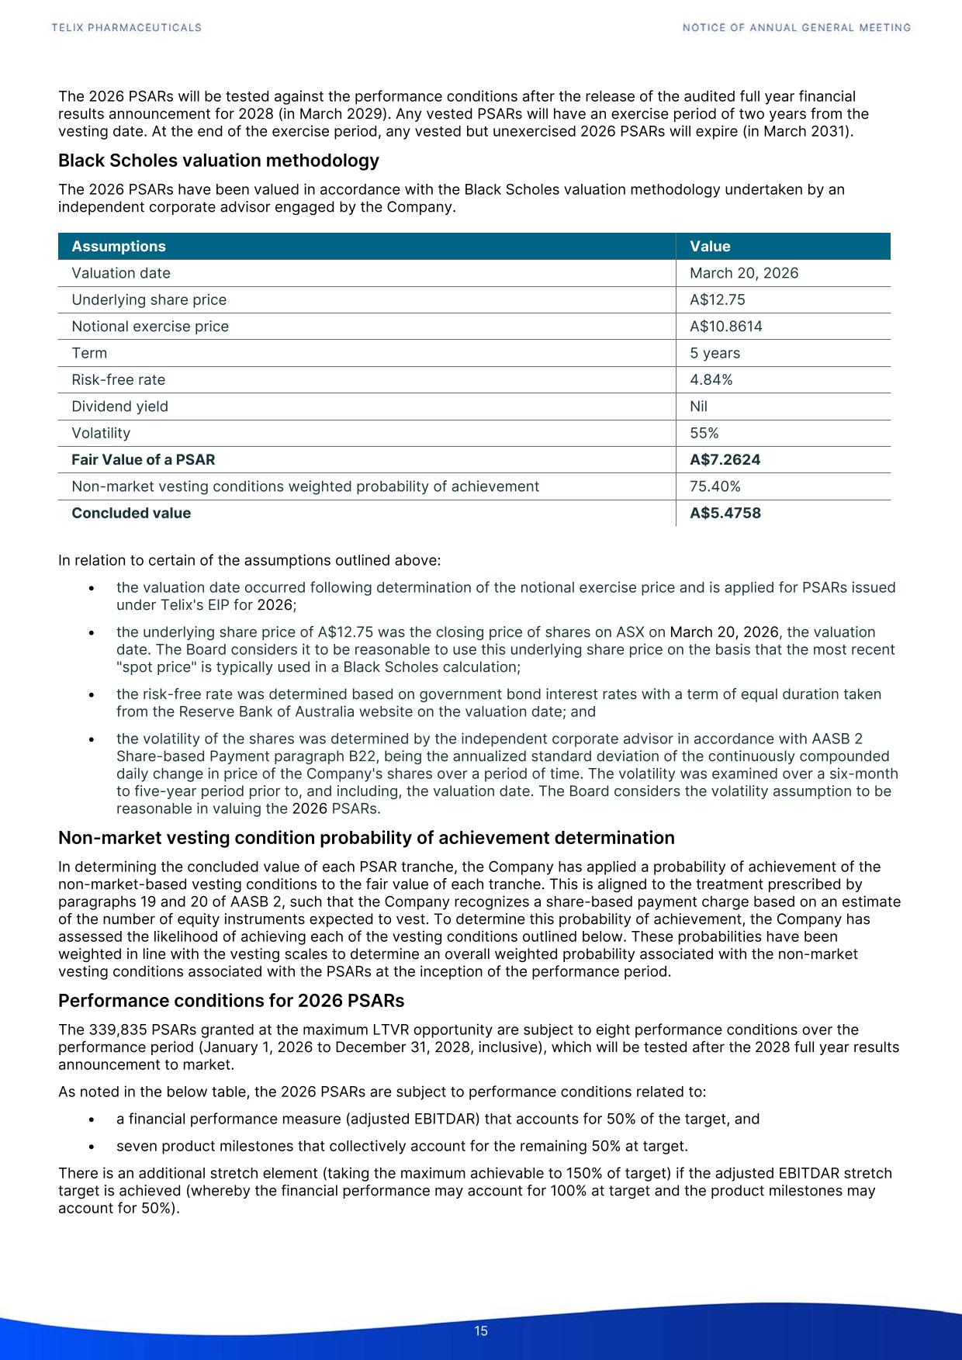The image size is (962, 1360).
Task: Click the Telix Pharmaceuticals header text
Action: tap(126, 28)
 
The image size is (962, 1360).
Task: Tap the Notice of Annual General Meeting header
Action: tap(797, 28)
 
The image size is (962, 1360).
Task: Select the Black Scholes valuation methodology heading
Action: tap(219, 161)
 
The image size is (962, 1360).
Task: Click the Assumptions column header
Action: tap(119, 247)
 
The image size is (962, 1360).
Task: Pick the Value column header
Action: tap(710, 247)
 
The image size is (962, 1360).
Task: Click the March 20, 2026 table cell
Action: tap(744, 273)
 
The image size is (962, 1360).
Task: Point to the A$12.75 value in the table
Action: tap(718, 299)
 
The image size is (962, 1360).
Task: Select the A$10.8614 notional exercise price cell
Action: tap(726, 327)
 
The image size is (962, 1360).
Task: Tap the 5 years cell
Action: tap(715, 353)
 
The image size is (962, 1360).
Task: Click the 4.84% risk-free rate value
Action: tap(711, 379)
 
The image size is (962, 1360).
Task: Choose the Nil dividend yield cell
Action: tap(698, 407)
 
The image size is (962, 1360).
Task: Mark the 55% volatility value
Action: tap(704, 433)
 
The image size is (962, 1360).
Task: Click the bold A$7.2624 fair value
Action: tap(725, 460)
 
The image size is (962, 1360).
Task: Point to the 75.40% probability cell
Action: tap(715, 486)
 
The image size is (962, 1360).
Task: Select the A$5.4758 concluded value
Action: tap(725, 513)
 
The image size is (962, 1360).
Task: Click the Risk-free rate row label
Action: tap(118, 379)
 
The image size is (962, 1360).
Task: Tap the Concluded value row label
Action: tap(131, 513)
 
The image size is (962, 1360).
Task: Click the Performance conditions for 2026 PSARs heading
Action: tap(231, 1001)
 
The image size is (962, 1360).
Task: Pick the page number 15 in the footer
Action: tap(481, 1331)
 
